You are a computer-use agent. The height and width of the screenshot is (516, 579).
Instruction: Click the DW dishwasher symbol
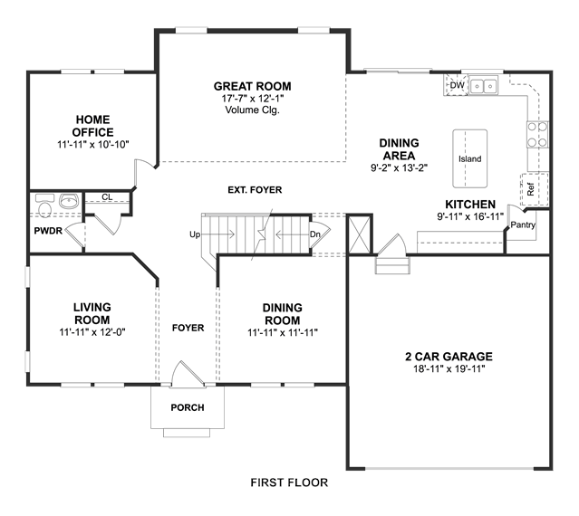click(457, 85)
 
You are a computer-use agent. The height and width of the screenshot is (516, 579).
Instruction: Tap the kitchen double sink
click(483, 86)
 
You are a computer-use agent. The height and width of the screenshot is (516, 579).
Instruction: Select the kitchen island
click(469, 158)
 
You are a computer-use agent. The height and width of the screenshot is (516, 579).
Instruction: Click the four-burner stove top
click(537, 135)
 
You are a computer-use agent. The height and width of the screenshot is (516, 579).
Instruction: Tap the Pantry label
click(523, 225)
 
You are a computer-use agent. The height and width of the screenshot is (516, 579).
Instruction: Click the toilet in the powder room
click(44, 206)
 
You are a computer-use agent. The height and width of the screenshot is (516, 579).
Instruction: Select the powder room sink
click(69, 201)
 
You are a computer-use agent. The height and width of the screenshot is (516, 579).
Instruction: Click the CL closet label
click(107, 197)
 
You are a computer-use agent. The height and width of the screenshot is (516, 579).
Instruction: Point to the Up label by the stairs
click(195, 234)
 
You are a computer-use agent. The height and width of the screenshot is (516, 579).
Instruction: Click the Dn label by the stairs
click(314, 234)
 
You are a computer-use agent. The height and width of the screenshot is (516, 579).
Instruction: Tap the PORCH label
click(188, 407)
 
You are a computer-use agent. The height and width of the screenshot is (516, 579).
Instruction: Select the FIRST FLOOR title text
click(289, 483)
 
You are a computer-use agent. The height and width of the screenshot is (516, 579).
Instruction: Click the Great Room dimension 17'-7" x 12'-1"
click(253, 99)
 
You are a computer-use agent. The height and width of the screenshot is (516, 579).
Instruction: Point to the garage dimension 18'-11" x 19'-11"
click(449, 368)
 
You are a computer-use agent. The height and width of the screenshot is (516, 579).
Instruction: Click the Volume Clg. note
click(253, 110)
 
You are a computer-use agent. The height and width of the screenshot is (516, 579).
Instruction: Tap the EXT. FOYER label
click(255, 190)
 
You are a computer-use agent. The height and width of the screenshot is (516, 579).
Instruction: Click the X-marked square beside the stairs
click(360, 234)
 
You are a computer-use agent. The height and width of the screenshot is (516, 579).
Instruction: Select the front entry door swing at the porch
click(188, 374)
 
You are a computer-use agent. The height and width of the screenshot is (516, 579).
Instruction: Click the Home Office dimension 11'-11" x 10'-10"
click(93, 145)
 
